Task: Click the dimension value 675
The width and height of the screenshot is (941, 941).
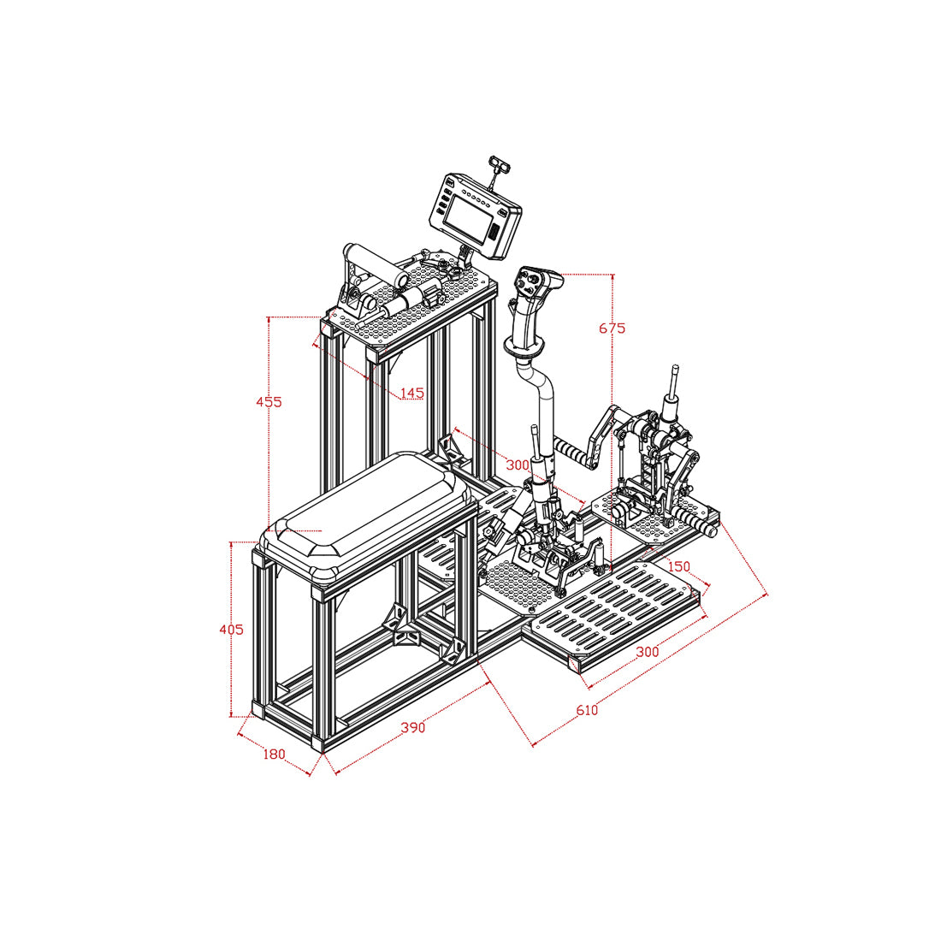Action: [x=612, y=328]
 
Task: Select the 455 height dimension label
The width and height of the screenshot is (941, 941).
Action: [x=269, y=401]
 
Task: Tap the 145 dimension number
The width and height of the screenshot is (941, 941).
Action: [x=411, y=394]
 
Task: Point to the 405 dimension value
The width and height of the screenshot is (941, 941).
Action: [x=231, y=630]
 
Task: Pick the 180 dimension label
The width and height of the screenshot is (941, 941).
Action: [x=274, y=755]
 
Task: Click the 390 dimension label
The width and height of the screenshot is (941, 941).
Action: [x=413, y=728]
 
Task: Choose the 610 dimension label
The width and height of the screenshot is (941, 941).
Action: [x=587, y=711]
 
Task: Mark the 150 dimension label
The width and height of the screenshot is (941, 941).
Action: [x=678, y=566]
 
